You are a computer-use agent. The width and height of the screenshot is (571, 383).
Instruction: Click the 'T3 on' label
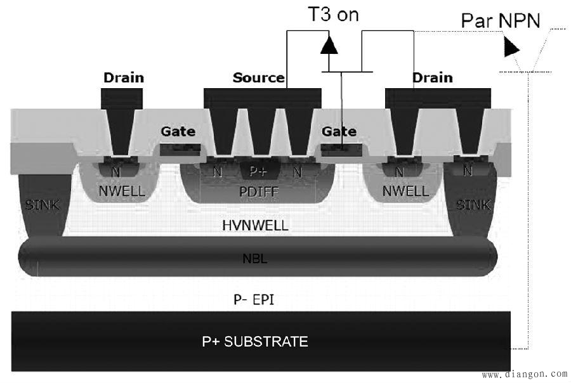coord(333,15)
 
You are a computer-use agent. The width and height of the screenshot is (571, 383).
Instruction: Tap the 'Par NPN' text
coord(501,20)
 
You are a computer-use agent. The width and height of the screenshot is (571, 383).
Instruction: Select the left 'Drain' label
coord(124,77)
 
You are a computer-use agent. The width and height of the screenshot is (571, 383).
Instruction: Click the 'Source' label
coord(259,77)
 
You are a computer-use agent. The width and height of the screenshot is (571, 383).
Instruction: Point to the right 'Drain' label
coord(433,77)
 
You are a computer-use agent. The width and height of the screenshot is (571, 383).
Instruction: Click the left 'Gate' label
coord(178,131)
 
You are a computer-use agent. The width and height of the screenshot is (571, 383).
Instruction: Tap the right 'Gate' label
coord(339,131)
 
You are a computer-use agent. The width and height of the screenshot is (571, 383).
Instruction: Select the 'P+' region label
coord(259,171)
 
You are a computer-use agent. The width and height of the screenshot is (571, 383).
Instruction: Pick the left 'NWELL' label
coord(122,191)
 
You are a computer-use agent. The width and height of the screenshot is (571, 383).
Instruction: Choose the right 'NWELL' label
coord(405,191)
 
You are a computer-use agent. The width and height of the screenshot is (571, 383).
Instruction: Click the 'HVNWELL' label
coord(255,225)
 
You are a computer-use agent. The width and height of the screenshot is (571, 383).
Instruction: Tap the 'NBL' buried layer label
coord(255,259)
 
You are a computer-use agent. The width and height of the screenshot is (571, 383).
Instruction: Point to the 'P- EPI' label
coord(254,300)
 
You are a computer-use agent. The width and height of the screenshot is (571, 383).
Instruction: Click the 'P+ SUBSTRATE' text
coord(255,342)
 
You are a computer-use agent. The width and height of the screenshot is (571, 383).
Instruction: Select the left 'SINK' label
coord(43,205)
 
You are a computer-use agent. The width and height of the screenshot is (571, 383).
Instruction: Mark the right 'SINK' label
coord(473,205)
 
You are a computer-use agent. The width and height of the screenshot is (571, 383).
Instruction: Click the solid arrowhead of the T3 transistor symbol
coord(329,45)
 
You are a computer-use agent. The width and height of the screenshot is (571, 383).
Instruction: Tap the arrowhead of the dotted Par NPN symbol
coord(511,48)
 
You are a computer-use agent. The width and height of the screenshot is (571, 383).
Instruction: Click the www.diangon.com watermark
coord(525,374)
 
